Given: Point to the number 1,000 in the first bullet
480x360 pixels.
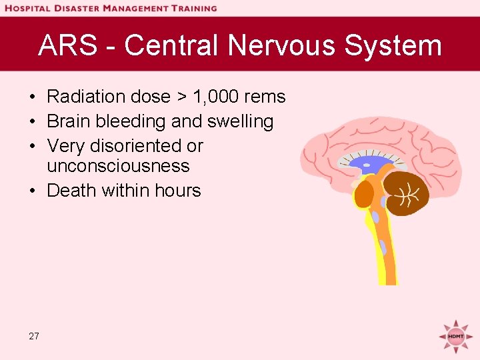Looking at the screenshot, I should (x=216, y=97).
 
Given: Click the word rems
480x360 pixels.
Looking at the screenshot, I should (x=265, y=97).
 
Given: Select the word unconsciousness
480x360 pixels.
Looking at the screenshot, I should (x=118, y=165).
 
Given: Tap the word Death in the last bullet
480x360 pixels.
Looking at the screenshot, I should (x=72, y=190).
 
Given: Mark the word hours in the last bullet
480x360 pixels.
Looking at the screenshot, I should (x=176, y=190).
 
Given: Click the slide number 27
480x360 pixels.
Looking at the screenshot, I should (x=34, y=336).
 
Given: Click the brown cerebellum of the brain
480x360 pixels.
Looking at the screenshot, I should (x=409, y=194).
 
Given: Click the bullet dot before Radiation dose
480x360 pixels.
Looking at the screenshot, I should (x=33, y=97).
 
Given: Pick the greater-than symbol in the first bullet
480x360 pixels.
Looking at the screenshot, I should (x=182, y=97).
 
